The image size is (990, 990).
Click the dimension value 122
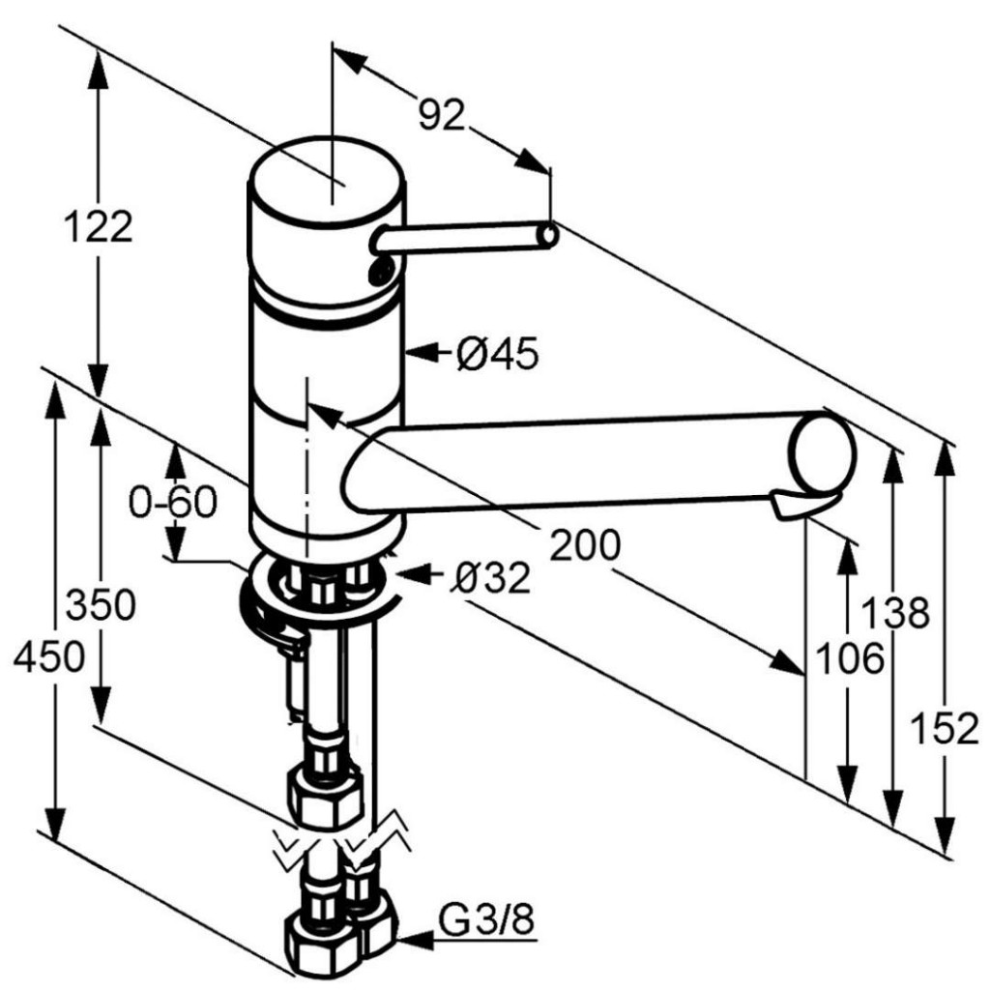100,226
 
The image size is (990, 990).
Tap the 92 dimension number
442,115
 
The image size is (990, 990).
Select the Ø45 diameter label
498,353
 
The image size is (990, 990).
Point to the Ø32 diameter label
490,577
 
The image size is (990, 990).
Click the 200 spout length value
585,544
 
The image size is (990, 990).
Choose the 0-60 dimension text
173,502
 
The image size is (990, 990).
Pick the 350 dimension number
101,604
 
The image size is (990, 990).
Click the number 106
850,658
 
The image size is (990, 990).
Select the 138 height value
896,612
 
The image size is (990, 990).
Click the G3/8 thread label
487,921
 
